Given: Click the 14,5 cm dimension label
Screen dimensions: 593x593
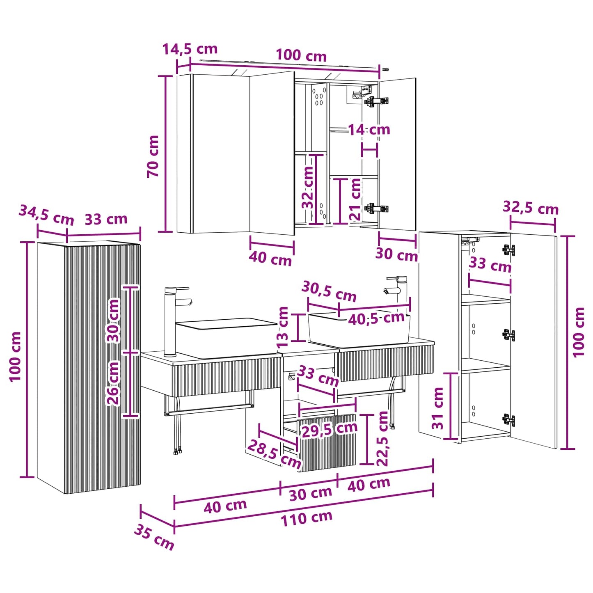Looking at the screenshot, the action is (190, 49).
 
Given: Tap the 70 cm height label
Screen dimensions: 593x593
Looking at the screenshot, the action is (153, 156).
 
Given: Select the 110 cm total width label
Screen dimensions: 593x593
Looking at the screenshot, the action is (307, 518).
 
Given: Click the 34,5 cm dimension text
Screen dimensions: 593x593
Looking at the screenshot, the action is (46, 215).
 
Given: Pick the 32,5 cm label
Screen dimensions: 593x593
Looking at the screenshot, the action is (531, 208).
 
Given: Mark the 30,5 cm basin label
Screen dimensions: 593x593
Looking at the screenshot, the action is (329, 291).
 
